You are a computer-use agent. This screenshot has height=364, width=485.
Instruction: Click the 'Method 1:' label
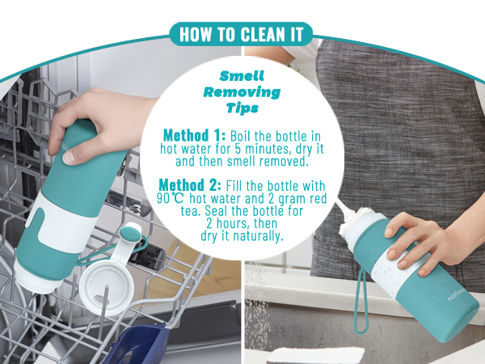pyautogui.click(x=193, y=134)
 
